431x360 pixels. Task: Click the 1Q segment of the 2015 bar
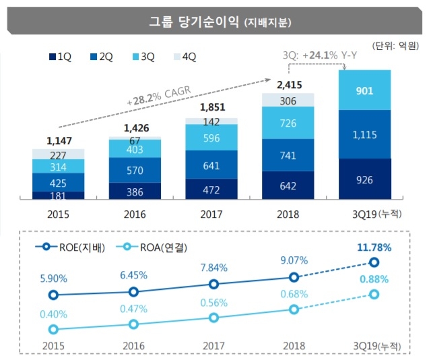click(x=59, y=196)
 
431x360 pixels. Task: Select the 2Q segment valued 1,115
click(x=364, y=134)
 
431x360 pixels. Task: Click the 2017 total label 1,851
click(x=211, y=107)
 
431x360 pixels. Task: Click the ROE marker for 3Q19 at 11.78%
click(x=374, y=262)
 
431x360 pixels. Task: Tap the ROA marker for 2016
click(x=134, y=324)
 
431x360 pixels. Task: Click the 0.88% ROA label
click(x=374, y=278)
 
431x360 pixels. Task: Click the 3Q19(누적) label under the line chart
click(x=374, y=345)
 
